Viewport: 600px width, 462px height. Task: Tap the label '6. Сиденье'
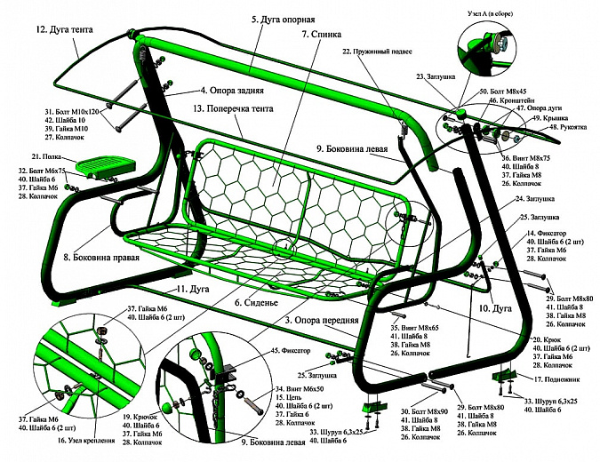256,302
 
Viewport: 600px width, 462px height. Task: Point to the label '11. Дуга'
192,291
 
